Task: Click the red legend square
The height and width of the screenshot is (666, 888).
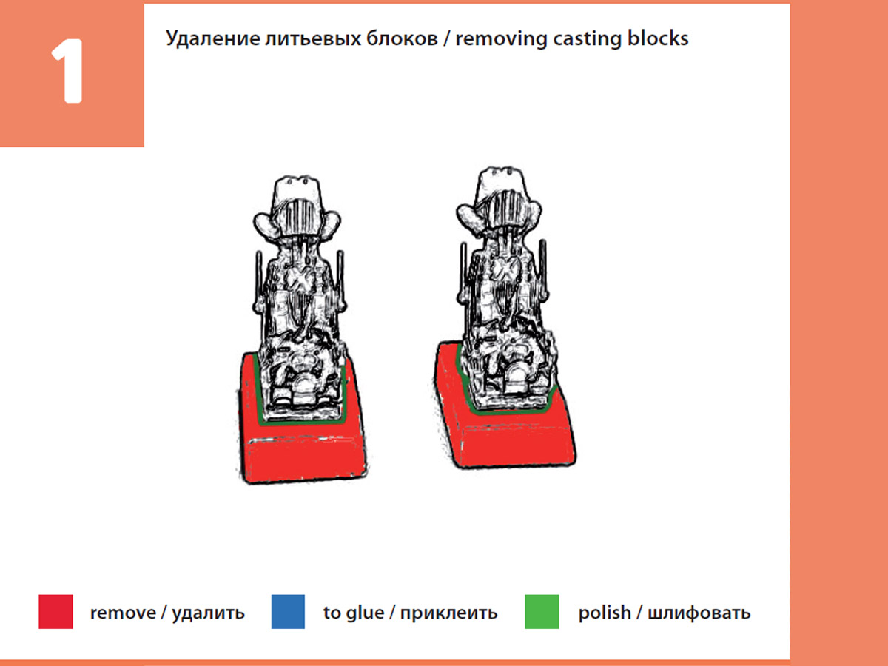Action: coord(55,612)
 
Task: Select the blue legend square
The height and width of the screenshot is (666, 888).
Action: coord(288,612)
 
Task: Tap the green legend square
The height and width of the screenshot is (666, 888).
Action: coord(542,612)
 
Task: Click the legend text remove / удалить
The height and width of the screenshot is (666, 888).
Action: coord(167,613)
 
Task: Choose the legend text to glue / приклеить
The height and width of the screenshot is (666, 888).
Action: coord(410,613)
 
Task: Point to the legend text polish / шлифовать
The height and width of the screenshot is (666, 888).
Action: coord(665,613)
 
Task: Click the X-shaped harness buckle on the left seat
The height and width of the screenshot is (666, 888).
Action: coord(300,279)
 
